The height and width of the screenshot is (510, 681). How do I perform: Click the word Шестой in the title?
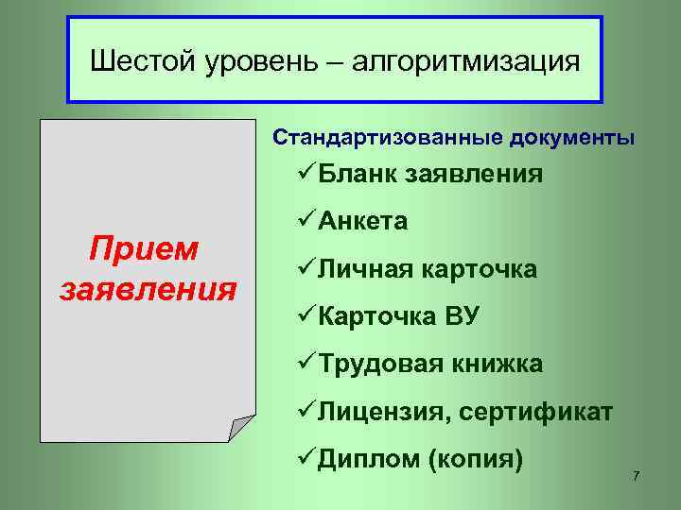(141, 62)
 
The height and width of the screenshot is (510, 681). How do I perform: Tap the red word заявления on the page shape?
(148, 286)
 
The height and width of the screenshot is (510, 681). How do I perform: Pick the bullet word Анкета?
(364, 222)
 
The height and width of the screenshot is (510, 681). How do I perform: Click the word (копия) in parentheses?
(476, 461)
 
